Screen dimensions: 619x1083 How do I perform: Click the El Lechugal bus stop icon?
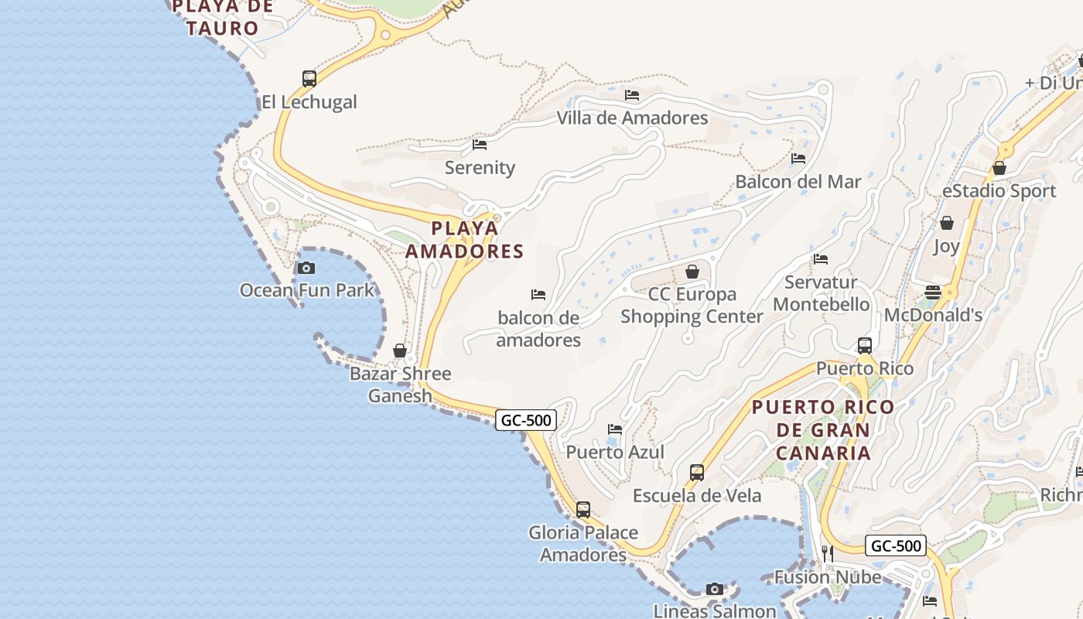[309, 78]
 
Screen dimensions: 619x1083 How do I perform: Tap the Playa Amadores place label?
[465, 240]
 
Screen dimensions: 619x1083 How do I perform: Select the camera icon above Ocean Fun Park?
[306, 268]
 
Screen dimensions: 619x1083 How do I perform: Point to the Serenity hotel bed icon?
[480, 144]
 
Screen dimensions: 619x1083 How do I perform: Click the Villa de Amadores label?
[633, 118]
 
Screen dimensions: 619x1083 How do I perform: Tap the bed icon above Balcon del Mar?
[798, 159]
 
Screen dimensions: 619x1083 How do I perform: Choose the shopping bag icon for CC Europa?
[692, 272]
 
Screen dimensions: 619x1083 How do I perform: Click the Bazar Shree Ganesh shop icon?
[400, 351]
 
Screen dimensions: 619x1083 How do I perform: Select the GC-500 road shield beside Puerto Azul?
[526, 420]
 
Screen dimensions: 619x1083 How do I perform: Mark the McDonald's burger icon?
[933, 292]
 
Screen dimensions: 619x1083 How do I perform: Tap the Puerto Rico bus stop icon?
[865, 345]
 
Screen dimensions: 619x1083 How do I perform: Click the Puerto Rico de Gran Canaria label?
[823, 429]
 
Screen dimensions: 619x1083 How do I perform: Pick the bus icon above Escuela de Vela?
[697, 472]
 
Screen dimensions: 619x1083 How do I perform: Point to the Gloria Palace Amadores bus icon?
[583, 510]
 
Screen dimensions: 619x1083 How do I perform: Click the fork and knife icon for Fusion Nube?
[828, 553]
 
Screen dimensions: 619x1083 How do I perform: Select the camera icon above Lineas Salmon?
[715, 589]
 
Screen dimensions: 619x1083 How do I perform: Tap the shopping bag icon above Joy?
[946, 224]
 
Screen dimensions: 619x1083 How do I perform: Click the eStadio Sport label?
[999, 191]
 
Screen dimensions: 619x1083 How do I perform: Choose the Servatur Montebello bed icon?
[821, 259]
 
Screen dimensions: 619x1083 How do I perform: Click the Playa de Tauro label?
[223, 18]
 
